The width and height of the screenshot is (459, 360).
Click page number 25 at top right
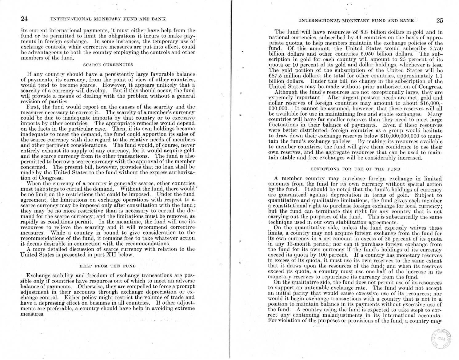click(x=439, y=21)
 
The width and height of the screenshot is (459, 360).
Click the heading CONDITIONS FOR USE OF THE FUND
click(x=355, y=169)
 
